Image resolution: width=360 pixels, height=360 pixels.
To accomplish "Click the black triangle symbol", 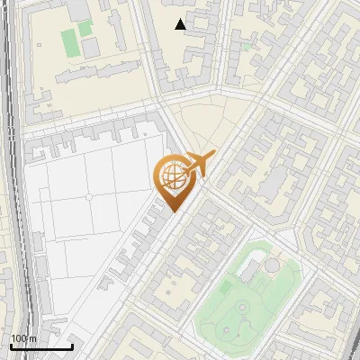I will click(182, 24).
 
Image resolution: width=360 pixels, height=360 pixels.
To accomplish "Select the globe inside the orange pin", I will click(171, 176).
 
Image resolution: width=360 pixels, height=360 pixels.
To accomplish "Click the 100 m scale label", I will click(22, 338).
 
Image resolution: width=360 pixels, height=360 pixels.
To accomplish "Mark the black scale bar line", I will click(41, 346).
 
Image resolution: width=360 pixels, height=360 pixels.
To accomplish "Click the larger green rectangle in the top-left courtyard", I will click(69, 40).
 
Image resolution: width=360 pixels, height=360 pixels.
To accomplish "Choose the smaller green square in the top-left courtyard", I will click(86, 28).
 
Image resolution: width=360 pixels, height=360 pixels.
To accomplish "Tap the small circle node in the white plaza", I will click(88, 196).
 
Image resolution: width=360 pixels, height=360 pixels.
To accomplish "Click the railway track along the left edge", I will click(11, 180).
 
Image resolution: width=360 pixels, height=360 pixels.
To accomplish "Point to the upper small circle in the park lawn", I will click(242, 308).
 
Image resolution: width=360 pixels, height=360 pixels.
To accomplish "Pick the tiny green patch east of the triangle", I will click(246, 46).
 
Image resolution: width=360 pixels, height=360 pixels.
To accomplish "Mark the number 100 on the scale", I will click(17, 338).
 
